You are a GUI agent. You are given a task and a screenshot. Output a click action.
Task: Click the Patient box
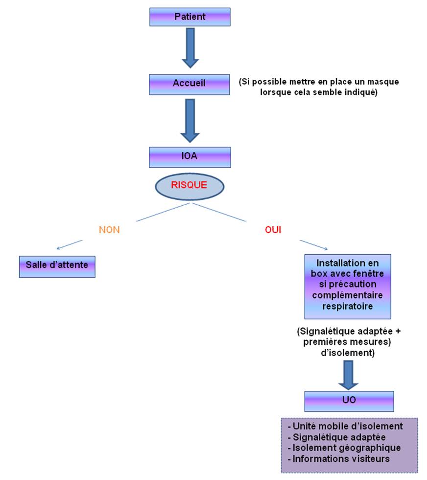coord(190,17)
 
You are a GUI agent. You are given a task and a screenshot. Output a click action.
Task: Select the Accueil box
coord(189,84)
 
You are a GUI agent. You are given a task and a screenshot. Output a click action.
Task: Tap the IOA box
coord(190,157)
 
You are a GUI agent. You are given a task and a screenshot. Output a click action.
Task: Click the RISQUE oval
coord(190,187)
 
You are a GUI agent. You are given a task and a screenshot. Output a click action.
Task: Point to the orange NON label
coord(109,230)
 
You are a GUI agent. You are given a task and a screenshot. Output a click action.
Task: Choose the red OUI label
coord(273,230)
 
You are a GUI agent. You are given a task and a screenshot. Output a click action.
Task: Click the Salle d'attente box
coord(57,266)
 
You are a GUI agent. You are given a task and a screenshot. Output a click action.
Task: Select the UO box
coord(349,401)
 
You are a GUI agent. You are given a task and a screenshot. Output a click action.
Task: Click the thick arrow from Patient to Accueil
coord(190,48)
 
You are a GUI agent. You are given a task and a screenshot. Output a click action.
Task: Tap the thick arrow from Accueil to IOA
coord(190,120)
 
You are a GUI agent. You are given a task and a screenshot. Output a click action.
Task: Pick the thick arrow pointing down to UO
coord(348,375)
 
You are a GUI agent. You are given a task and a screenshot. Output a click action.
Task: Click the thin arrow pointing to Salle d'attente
coord(70,244)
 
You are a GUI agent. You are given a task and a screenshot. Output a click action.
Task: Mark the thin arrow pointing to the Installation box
coord(314,245)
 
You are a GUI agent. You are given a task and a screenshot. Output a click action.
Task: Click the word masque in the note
coord(383,82)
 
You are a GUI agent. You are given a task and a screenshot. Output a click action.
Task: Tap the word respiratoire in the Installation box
coord(347,306)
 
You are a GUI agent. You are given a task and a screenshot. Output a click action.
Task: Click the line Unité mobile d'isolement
coord(345,426)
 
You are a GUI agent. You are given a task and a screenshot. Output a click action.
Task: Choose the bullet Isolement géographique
coord(344,448)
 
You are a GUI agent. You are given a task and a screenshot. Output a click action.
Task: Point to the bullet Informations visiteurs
coord(338,458)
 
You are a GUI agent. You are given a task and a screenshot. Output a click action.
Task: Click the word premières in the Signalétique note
coord(325,342)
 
